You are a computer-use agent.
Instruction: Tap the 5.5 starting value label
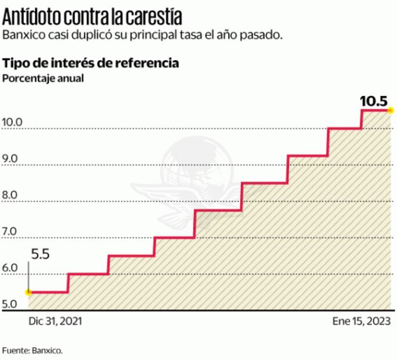click(x=41, y=254)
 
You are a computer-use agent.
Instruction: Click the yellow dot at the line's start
click(x=28, y=292)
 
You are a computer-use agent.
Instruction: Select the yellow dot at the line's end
click(x=391, y=110)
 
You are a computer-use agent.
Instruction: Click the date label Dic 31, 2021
click(x=52, y=321)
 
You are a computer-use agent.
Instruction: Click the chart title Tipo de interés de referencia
click(x=91, y=63)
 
